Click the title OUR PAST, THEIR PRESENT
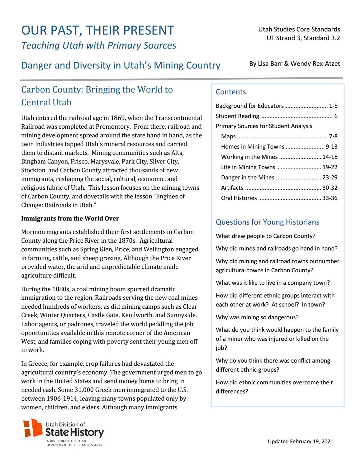97,31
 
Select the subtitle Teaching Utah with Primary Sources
98,45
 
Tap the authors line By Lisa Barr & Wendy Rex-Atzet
294,64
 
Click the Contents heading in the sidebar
230,92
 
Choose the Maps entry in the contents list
228,136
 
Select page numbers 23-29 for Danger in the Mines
330,178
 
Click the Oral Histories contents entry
239,198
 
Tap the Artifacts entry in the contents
232,188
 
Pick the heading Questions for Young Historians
267,222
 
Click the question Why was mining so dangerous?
257,317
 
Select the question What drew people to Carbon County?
265,236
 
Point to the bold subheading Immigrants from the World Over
70,219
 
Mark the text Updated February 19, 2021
300,441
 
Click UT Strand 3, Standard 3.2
303,38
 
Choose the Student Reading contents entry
237,116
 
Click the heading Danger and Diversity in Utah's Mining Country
121,65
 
